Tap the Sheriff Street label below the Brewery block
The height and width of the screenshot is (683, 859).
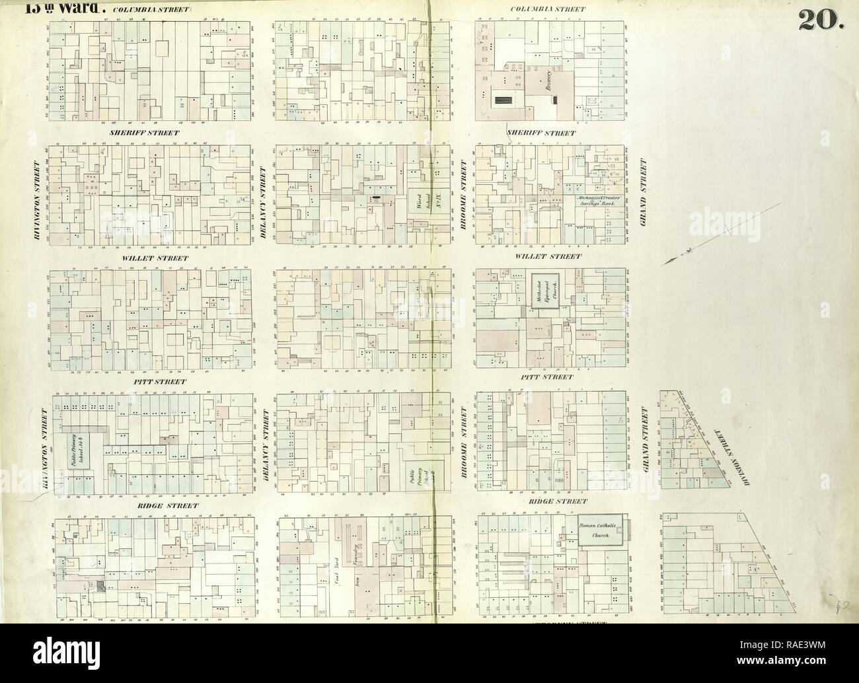[542, 133]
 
